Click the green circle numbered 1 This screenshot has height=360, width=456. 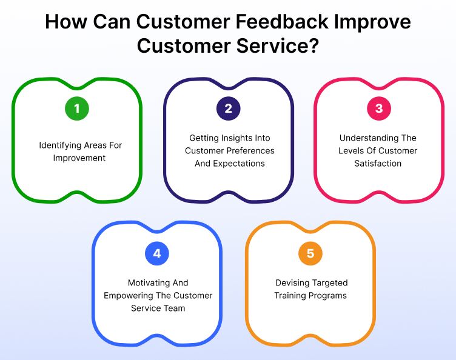77,109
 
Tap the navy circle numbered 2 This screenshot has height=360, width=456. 229,109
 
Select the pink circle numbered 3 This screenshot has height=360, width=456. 379,109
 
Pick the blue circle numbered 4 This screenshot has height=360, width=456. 157,253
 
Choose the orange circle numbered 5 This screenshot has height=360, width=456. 310,253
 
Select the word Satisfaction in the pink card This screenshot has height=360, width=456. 378,163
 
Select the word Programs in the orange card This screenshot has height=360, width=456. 328,296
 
